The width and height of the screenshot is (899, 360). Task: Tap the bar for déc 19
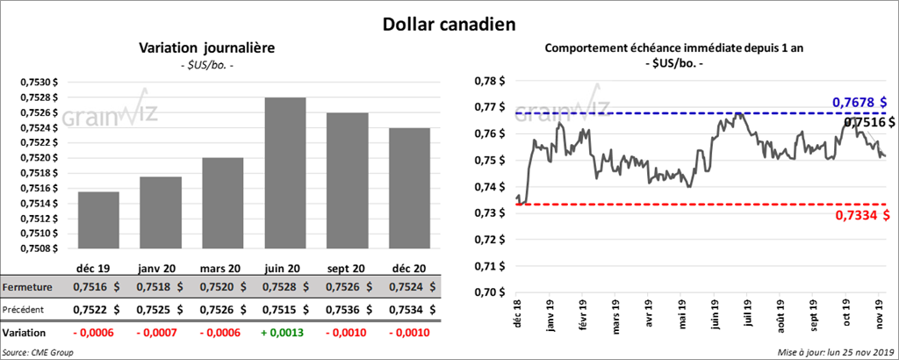[x=98, y=220]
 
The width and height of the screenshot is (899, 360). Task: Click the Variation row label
[x=25, y=334]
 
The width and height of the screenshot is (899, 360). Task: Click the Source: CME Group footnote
[x=39, y=351]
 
